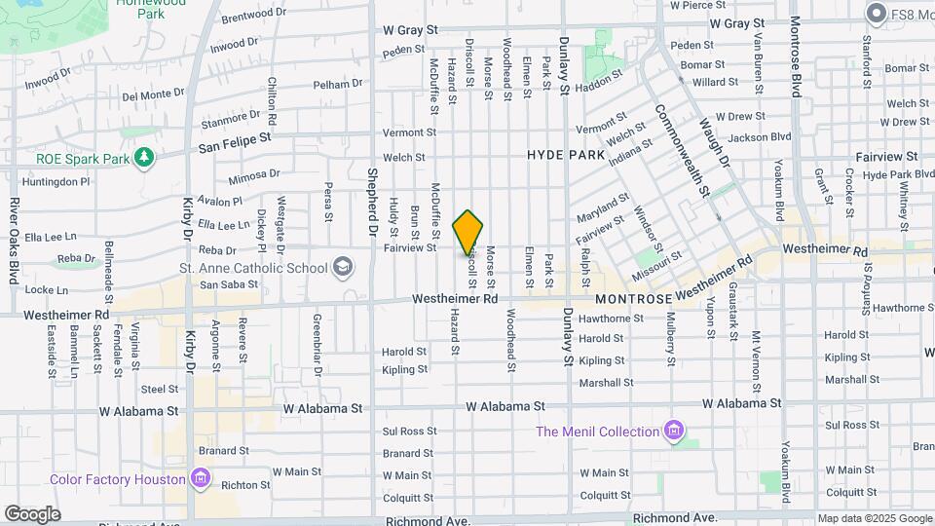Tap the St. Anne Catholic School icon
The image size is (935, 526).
342,266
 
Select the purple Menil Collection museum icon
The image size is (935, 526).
673,431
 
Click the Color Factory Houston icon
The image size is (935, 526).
200,478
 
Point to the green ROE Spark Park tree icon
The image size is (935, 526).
144,157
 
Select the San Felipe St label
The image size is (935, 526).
235,146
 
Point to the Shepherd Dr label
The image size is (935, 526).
371,204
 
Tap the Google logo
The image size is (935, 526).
32,513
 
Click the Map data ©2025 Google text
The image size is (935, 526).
874,518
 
